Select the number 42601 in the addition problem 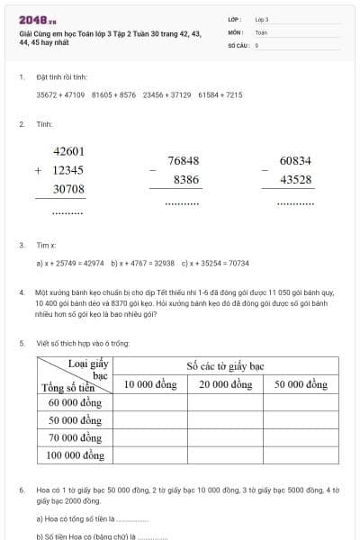(x=69, y=151)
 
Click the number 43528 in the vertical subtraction (x=295, y=180)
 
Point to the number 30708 (x=69, y=189)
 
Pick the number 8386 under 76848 (x=186, y=180)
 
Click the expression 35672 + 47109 (x=60, y=94)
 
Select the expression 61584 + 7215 (x=220, y=94)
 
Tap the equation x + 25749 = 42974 (x=70, y=263)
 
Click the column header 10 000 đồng (x=149, y=384)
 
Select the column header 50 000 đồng (x=301, y=384)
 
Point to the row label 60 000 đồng (x=76, y=402)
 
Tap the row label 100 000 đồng (x=76, y=455)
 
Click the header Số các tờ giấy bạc (x=225, y=366)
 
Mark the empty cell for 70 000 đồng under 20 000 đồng (x=225, y=437)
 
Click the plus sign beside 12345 (x=38, y=170)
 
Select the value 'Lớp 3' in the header (x=262, y=19)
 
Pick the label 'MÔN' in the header (x=236, y=31)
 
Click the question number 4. (x=22, y=292)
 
